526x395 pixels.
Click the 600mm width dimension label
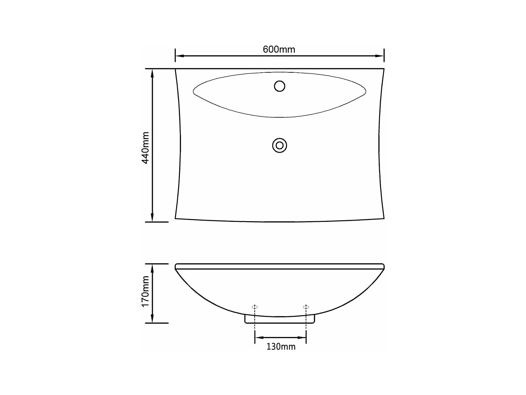click(x=279, y=50)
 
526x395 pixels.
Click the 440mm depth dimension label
click(x=146, y=147)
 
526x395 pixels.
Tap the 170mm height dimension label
click(x=146, y=291)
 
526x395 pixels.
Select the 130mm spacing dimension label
click(x=281, y=347)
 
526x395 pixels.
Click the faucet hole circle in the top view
click(x=279, y=86)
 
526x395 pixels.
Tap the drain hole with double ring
click(x=279, y=145)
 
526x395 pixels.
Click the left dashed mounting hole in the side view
click(x=255, y=307)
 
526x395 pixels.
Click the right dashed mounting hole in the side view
click(x=306, y=307)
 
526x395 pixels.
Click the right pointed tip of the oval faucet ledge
click(x=365, y=92)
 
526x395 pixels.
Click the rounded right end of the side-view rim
click(x=383, y=266)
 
